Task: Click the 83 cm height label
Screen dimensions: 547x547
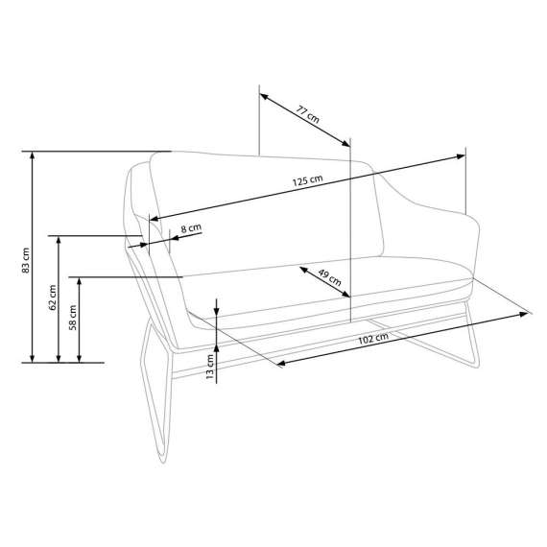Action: (x=26, y=261)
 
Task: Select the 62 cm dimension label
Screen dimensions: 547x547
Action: (x=53, y=297)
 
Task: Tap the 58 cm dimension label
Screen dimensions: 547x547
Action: (x=73, y=318)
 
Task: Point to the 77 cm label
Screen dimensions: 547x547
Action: (x=307, y=114)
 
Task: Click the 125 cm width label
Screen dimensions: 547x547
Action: (x=307, y=180)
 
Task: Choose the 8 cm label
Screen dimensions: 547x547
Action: (x=191, y=228)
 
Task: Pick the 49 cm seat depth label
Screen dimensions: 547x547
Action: (x=329, y=277)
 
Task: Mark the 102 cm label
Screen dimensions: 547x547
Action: (x=373, y=339)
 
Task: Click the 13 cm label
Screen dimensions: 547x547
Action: (x=209, y=367)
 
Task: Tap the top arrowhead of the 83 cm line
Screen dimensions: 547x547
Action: (x=33, y=155)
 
